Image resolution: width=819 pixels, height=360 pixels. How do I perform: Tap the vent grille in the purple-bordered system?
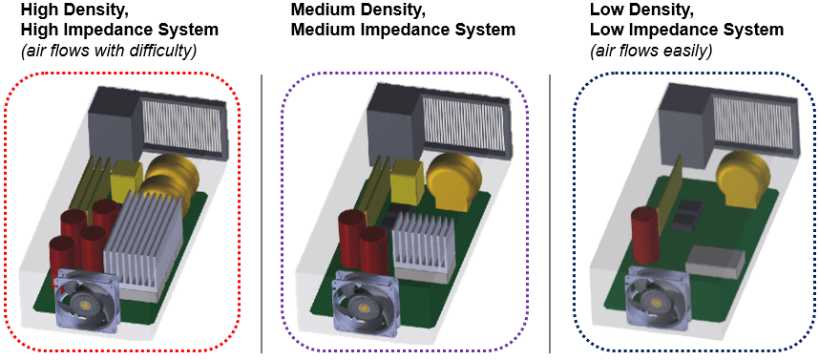coord(465,123)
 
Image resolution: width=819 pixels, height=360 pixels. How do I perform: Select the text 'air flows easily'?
coord(651,50)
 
